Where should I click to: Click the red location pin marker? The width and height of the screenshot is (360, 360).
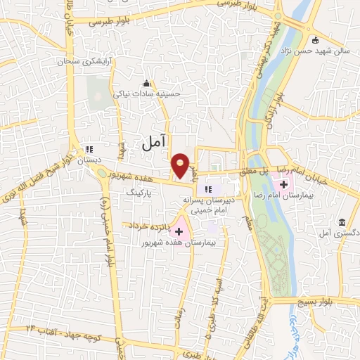point(181,165)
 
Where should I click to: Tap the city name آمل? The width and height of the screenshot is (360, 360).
point(153,143)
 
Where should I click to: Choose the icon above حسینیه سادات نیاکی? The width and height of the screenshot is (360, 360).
point(147,83)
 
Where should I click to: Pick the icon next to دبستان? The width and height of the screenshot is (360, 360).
point(89,149)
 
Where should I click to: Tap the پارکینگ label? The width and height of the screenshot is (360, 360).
point(139,191)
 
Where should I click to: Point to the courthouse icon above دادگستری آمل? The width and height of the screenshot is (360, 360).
point(342,221)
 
